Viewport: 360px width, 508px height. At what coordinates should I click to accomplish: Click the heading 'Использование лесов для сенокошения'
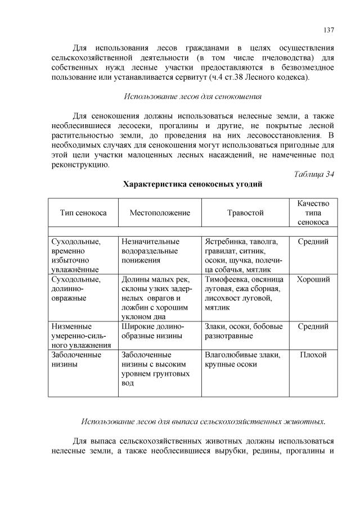click(192, 96)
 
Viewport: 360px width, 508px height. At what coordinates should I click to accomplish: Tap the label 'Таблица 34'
click(314, 174)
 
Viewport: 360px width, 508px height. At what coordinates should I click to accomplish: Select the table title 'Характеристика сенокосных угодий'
click(192, 184)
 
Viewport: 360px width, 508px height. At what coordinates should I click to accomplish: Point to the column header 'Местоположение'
click(160, 213)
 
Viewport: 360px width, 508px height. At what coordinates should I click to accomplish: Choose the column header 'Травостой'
click(245, 213)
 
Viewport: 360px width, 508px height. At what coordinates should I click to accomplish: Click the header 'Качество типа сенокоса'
click(313, 212)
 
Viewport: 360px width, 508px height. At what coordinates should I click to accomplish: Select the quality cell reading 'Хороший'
click(313, 279)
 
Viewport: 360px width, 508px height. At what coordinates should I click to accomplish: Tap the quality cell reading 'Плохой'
click(313, 355)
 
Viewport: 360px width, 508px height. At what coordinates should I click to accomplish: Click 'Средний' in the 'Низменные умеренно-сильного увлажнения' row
click(313, 326)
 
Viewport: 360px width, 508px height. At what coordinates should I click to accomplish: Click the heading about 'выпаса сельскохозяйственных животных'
click(203, 421)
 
